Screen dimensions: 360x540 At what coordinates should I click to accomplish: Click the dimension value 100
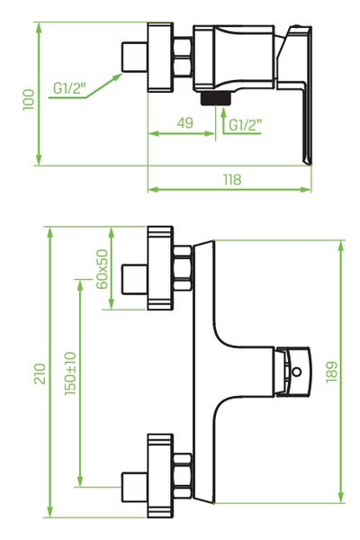[29, 100]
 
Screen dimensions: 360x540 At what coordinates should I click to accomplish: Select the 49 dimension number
[185, 123]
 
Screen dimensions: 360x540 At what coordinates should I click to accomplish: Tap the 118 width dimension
[232, 179]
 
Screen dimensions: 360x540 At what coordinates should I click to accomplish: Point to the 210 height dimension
[40, 373]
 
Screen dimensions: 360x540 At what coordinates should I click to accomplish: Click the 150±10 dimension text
[70, 373]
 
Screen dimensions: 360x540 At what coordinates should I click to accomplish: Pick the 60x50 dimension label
[102, 269]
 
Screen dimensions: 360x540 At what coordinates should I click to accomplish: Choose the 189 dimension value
[331, 372]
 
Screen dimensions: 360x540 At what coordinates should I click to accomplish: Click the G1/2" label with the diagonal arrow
[69, 88]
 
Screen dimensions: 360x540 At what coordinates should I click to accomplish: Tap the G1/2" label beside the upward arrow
[246, 125]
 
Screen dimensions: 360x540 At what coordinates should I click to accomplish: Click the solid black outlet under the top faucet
[216, 98]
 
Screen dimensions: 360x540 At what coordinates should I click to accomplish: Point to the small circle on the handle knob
[296, 372]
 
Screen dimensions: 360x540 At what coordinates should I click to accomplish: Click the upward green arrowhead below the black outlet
[223, 112]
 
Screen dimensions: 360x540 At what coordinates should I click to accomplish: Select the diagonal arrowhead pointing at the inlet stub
[117, 76]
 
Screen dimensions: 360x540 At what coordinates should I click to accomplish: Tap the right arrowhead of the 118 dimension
[306, 189]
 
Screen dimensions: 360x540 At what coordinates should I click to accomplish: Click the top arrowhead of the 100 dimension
[39, 28]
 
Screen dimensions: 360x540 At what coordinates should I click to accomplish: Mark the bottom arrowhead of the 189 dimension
[341, 498]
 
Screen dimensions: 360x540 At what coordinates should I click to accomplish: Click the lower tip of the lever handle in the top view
[309, 163]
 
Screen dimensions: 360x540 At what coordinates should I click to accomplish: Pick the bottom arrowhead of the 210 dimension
[50, 512]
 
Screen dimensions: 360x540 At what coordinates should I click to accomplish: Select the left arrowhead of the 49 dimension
[153, 133]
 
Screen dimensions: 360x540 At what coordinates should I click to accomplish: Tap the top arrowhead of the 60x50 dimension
[112, 233]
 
